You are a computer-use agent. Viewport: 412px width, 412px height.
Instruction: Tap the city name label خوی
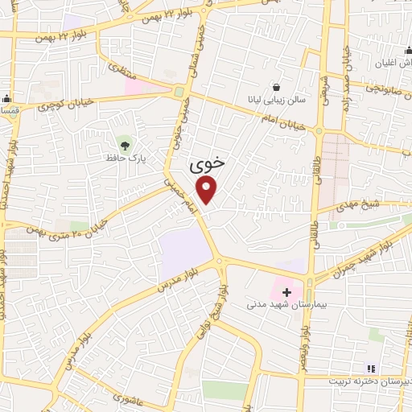pyautogui.click(x=207, y=165)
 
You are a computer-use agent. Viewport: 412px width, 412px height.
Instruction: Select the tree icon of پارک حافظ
pyautogui.click(x=122, y=144)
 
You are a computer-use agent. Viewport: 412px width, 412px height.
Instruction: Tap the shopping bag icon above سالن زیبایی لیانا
pyautogui.click(x=277, y=86)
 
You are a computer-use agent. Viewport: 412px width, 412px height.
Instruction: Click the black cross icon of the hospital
pyautogui.click(x=286, y=292)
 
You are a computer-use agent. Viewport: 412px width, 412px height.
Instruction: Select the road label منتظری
pyautogui.click(x=117, y=72)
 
